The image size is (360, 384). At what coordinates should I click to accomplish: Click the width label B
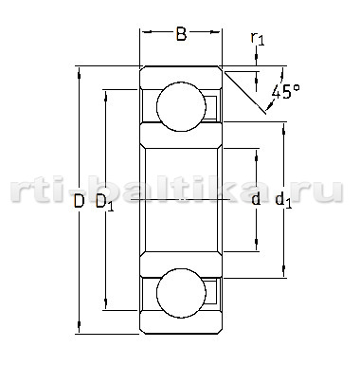pos(181,34)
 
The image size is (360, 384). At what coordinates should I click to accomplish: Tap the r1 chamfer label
pos(258,39)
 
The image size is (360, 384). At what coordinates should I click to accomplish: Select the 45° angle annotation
pos(285,92)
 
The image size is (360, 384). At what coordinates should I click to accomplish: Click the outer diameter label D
pos(79,201)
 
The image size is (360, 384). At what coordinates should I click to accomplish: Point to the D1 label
pos(104,203)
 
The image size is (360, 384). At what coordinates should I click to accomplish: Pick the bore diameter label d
pos(256,199)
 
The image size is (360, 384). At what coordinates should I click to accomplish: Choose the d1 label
pos(284,201)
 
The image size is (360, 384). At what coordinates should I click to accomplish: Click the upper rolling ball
pos(181,106)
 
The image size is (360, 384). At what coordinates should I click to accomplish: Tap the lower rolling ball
pos(181,293)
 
